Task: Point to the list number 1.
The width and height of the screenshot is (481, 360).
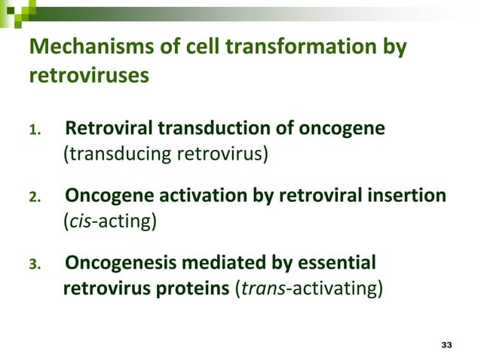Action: pyautogui.click(x=34, y=130)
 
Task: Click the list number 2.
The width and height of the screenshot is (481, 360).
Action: pyautogui.click(x=34, y=198)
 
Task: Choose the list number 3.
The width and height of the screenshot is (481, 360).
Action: pyautogui.click(x=34, y=266)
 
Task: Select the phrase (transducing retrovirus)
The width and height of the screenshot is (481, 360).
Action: pyautogui.click(x=165, y=155)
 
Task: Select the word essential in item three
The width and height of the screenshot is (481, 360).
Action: pyautogui.click(x=335, y=264)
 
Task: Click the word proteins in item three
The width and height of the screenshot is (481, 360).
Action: pyautogui.click(x=197, y=289)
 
